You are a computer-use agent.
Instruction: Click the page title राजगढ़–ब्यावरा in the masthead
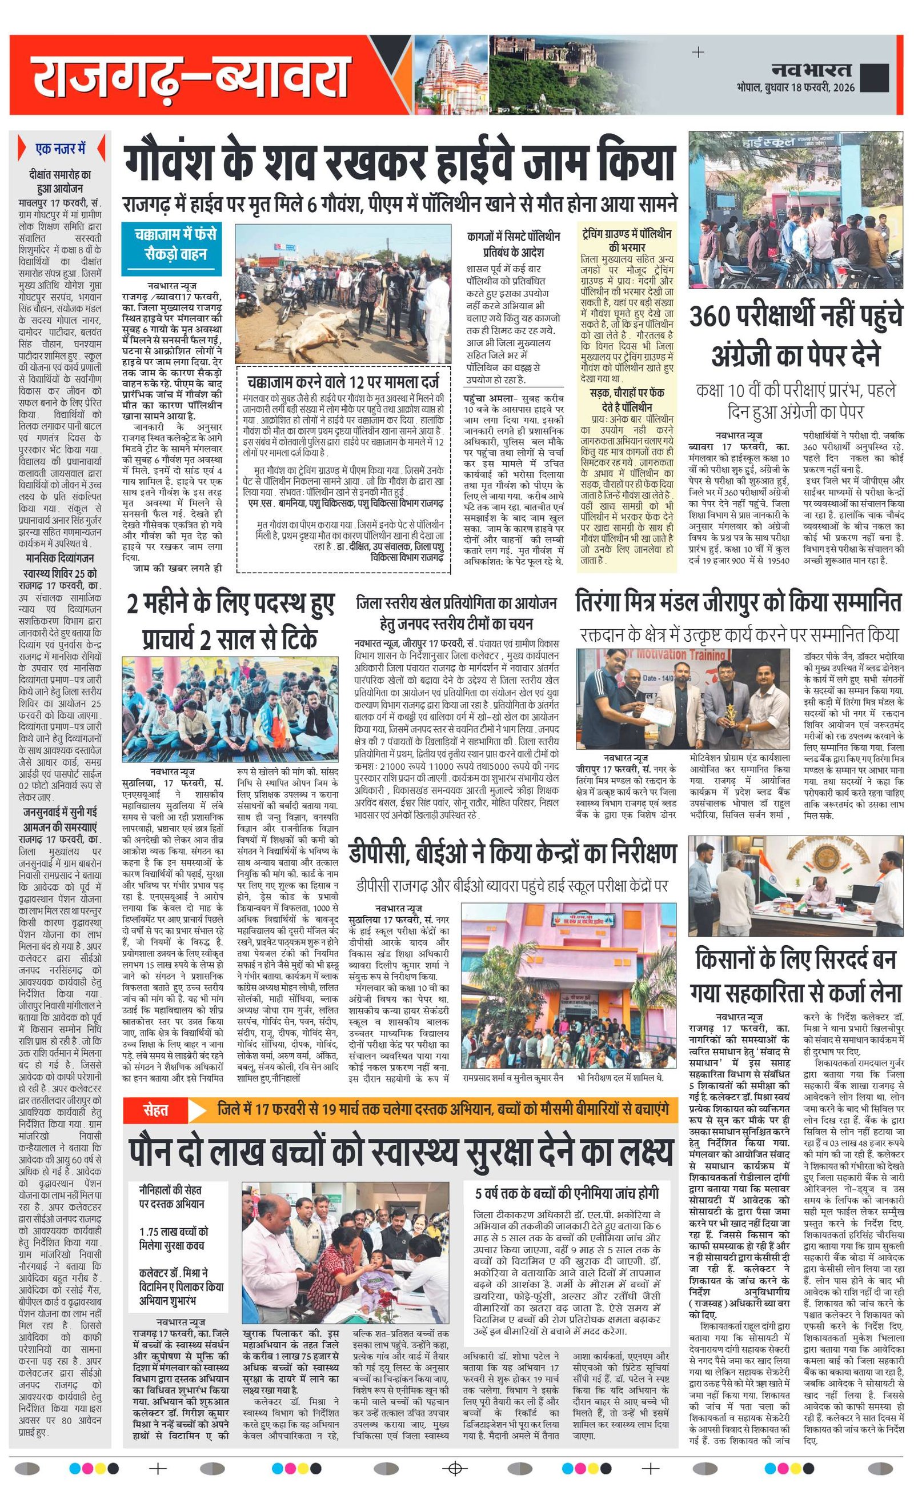[x=190, y=76]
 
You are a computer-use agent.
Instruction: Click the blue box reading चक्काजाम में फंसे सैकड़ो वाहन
[x=175, y=244]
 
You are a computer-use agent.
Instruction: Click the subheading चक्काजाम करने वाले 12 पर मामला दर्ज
[x=343, y=382]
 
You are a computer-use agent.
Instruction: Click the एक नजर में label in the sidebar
[x=60, y=149]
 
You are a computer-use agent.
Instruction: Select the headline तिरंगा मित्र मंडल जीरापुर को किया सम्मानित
[x=738, y=602]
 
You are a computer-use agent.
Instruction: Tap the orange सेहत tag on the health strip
[x=156, y=1110]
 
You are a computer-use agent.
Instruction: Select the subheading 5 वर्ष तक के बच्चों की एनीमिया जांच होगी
[x=567, y=1193]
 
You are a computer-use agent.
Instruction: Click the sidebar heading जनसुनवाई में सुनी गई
[x=60, y=812]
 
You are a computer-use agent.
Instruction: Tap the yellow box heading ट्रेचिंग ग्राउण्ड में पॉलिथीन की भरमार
[x=626, y=240]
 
